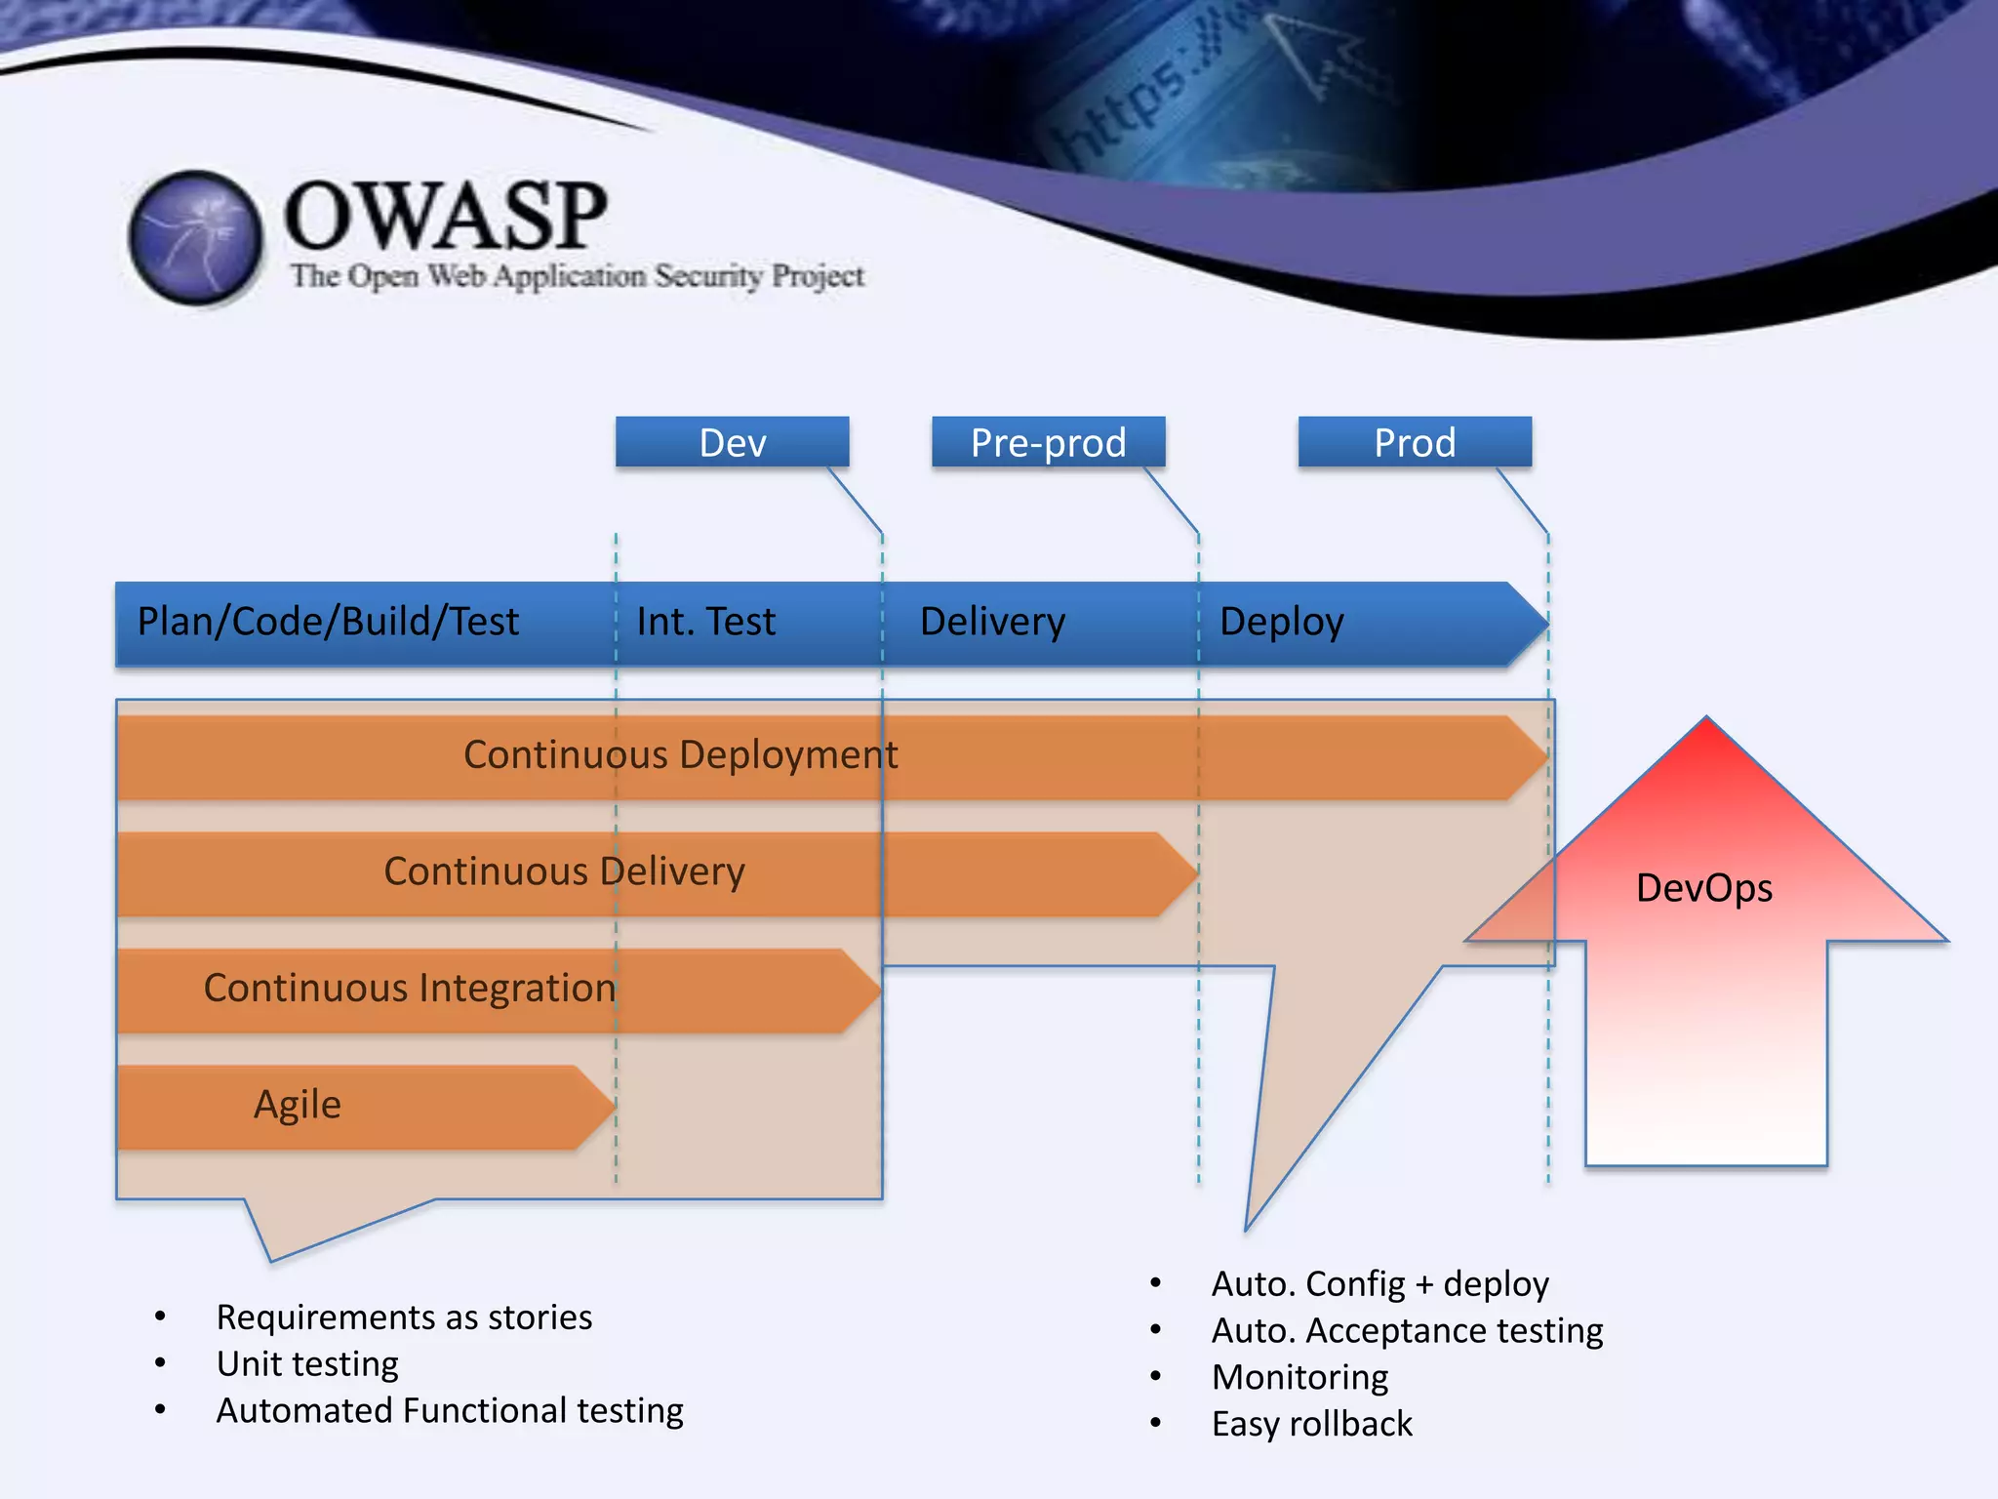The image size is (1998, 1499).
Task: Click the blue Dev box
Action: (732, 442)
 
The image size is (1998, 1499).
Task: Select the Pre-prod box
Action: (1048, 442)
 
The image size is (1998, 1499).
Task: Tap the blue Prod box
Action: (1414, 442)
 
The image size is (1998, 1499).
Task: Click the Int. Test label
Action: (705, 622)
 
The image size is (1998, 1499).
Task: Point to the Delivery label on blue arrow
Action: (992, 622)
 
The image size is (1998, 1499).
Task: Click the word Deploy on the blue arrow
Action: (1281, 622)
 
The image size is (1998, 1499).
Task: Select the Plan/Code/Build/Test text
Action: (328, 622)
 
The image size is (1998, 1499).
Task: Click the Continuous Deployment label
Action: (680, 754)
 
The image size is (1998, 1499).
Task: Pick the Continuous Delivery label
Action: (564, 871)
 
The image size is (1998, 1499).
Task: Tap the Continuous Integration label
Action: (410, 988)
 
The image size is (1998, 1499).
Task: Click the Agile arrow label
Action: (298, 1105)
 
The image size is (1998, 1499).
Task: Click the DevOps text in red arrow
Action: (1703, 888)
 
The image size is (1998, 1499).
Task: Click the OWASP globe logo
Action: (196, 237)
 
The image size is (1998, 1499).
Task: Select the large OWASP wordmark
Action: (445, 216)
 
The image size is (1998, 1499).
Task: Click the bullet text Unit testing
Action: (307, 1363)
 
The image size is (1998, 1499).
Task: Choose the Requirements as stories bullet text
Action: (404, 1317)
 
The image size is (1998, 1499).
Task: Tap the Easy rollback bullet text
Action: (1311, 1424)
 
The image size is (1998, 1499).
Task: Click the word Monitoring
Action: (1299, 1377)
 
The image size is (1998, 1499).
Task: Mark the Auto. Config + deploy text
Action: (1379, 1283)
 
